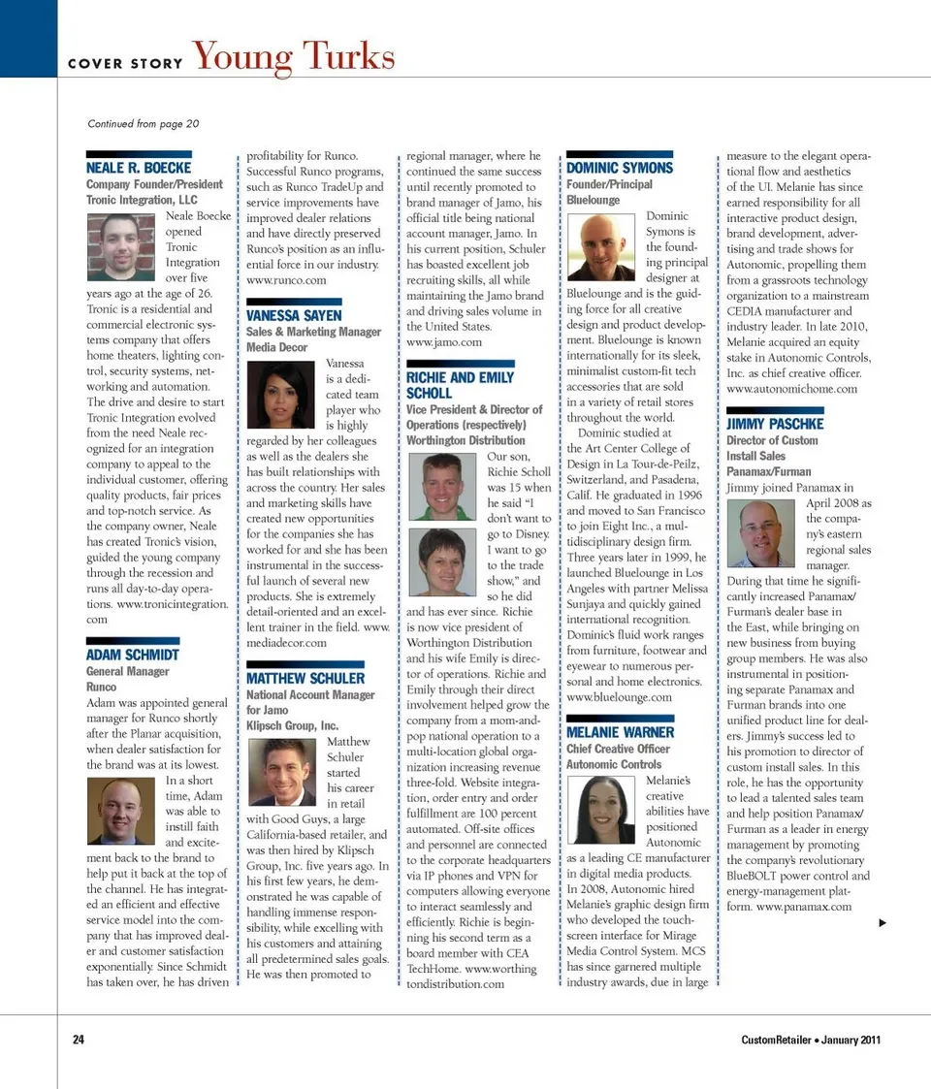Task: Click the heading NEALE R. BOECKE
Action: (x=139, y=168)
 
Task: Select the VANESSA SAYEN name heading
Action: (x=294, y=315)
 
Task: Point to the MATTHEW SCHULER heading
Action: (x=305, y=678)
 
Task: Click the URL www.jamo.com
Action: (x=443, y=342)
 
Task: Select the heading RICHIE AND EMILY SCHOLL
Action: (x=460, y=385)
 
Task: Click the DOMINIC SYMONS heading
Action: (x=619, y=168)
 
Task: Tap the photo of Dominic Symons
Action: (x=602, y=246)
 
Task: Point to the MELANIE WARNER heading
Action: (x=620, y=732)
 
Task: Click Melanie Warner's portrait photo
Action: (x=602, y=811)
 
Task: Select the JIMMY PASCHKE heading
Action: (x=774, y=424)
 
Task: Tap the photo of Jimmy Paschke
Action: (x=761, y=533)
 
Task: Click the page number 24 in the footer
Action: (x=79, y=1040)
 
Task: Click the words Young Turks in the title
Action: (x=294, y=57)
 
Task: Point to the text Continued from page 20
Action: (x=143, y=123)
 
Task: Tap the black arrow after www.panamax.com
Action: (x=883, y=922)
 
